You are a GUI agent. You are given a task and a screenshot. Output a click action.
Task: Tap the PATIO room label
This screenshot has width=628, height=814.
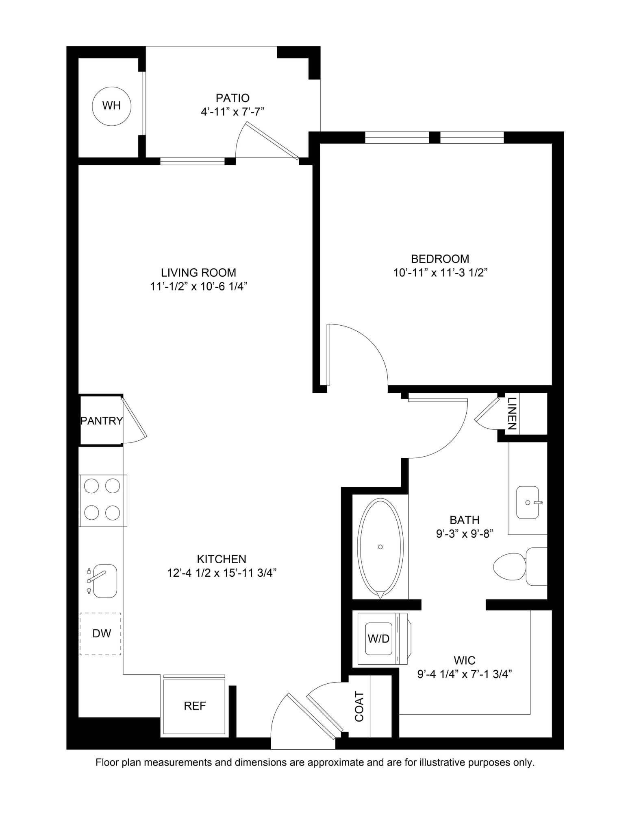click(233, 98)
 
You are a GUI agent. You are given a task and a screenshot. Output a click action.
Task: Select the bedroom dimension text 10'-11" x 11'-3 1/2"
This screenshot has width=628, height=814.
click(440, 273)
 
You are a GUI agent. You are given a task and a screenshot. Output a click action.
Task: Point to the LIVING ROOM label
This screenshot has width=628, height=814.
click(198, 273)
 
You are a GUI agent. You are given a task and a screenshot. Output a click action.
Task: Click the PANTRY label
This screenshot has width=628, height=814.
click(102, 421)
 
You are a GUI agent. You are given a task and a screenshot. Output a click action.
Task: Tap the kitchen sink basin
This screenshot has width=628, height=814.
click(105, 581)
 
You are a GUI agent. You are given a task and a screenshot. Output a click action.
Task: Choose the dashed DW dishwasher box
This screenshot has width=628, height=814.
click(100, 634)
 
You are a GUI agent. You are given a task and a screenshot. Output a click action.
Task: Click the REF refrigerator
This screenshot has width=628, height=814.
click(194, 706)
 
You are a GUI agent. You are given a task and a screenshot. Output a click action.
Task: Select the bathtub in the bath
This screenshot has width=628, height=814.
click(380, 548)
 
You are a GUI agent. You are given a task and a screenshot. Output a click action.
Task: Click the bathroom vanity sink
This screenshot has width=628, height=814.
click(527, 503)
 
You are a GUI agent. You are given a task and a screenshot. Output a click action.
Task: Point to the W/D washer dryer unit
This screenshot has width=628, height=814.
click(382, 639)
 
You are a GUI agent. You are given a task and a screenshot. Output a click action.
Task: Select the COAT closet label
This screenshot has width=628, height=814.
click(359, 707)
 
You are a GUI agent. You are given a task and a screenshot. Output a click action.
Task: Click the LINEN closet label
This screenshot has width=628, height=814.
click(512, 414)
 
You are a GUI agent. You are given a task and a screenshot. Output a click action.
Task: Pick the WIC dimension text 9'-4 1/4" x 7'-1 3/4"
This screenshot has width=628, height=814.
click(464, 674)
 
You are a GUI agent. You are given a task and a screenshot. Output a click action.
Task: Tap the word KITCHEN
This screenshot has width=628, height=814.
click(222, 559)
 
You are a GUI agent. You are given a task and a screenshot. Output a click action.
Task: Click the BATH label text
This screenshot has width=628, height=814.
click(465, 520)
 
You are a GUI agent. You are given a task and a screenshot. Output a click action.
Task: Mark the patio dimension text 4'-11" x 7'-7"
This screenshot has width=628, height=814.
click(233, 112)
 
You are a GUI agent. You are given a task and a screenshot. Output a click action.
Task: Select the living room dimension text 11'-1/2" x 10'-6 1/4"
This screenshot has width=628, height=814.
click(199, 287)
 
